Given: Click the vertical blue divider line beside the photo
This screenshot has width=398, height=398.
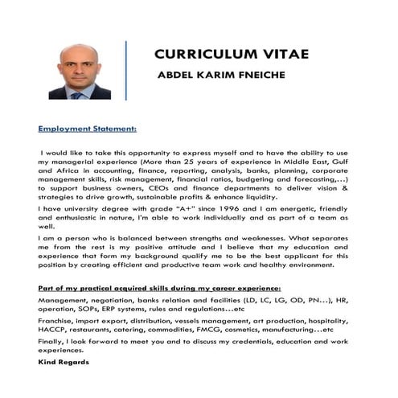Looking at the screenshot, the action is coord(125,71).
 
